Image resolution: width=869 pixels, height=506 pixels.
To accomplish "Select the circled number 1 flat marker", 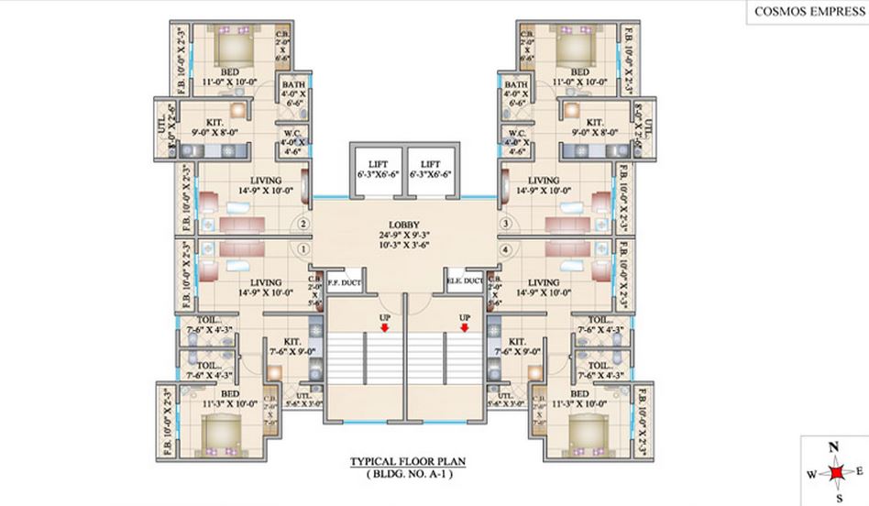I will coord(303,248).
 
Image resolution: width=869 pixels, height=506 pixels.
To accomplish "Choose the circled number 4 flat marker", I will coord(505,248).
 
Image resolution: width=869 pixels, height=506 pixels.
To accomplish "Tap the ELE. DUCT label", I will coord(465,281).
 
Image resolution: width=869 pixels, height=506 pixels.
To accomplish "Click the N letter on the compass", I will coord(834,447).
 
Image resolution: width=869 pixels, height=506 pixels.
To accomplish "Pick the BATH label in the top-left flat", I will coord(294,84).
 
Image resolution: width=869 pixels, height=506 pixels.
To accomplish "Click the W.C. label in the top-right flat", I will coord(515,133).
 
